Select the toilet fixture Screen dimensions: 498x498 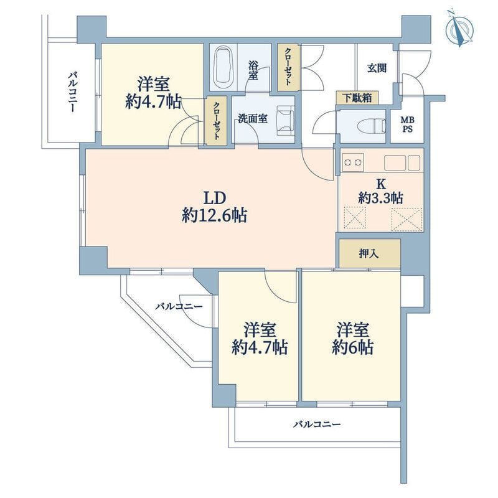point(371,126)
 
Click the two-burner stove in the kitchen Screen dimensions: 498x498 point(353,162)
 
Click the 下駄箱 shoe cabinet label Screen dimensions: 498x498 point(357,98)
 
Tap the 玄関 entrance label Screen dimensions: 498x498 point(377,68)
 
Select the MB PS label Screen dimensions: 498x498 point(407,125)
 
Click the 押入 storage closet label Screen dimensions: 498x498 point(369,253)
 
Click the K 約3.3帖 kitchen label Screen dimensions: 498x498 point(380,192)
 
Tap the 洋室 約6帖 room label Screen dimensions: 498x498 point(352,338)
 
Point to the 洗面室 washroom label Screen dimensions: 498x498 point(253,119)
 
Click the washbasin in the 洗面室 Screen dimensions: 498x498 point(286,121)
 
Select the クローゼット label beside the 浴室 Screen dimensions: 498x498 point(288,67)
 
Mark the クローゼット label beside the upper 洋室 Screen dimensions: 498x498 point(216,121)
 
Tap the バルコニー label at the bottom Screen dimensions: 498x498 point(317,424)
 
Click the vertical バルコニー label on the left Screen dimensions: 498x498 point(72,92)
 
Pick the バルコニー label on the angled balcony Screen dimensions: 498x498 point(179,306)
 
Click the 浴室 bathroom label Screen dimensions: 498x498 point(253,70)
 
